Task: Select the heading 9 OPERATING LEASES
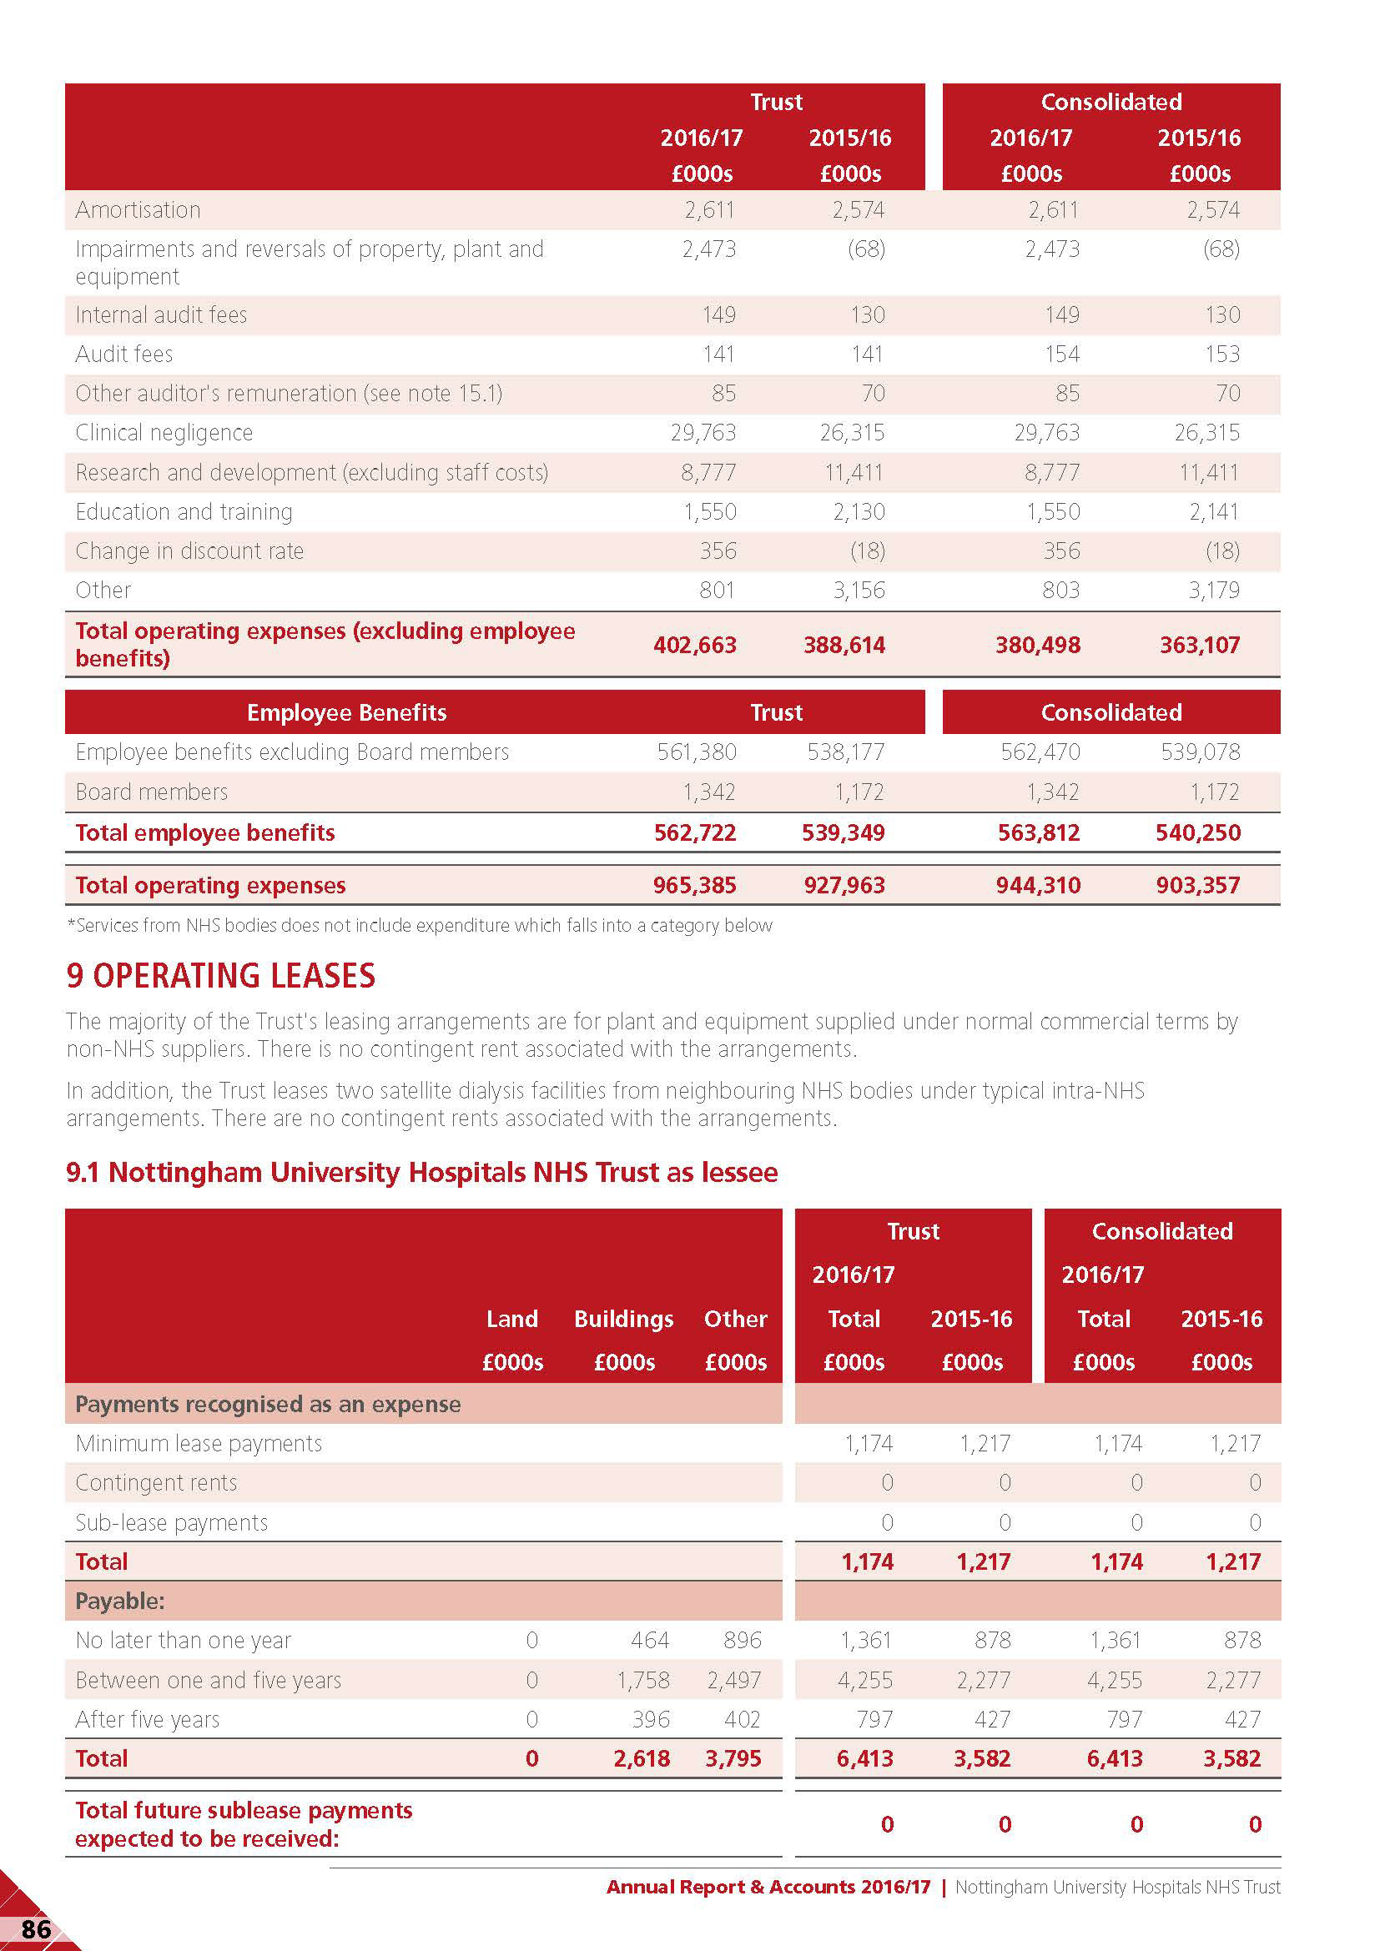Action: click(x=221, y=976)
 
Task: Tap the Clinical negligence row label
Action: click(x=164, y=433)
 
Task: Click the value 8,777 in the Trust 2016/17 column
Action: click(x=708, y=472)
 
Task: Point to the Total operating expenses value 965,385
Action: click(x=694, y=886)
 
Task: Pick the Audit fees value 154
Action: click(x=1061, y=354)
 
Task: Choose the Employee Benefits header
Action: click(x=347, y=712)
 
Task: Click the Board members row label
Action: click(x=151, y=792)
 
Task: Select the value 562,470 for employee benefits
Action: click(x=1040, y=752)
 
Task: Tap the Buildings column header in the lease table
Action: click(x=624, y=1319)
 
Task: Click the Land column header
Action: click(x=511, y=1319)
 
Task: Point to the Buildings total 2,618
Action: click(x=642, y=1758)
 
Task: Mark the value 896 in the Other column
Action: click(x=742, y=1640)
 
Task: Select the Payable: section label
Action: click(x=120, y=1601)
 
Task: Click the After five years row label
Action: click(x=147, y=1719)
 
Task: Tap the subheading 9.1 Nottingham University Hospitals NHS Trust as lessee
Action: click(x=421, y=1173)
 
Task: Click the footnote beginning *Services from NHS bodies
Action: click(x=420, y=925)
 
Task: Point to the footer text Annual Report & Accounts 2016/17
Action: click(x=768, y=1887)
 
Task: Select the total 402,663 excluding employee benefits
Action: click(x=694, y=645)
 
